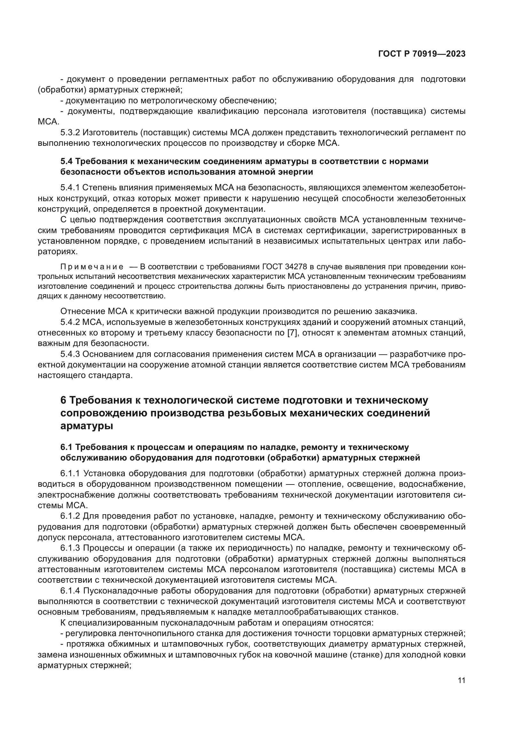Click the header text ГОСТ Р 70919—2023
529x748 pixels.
click(x=422, y=54)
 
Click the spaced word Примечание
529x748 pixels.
click(x=92, y=267)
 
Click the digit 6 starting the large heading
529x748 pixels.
click(x=64, y=400)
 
